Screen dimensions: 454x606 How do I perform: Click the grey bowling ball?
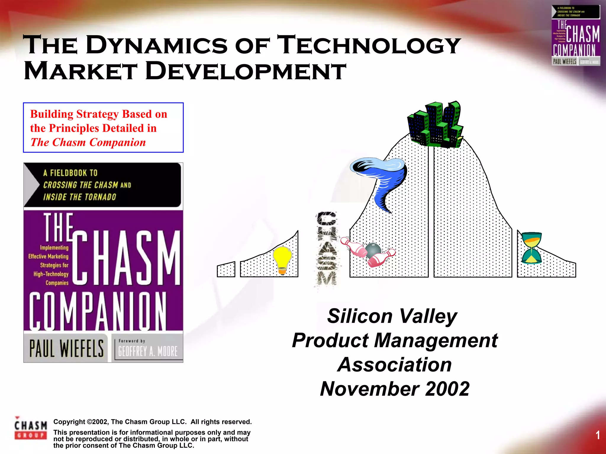click(x=373, y=250)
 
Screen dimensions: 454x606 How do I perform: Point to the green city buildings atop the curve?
click(x=434, y=124)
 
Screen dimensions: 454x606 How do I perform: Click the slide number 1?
click(x=597, y=435)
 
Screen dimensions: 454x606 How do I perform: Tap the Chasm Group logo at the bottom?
click(x=30, y=428)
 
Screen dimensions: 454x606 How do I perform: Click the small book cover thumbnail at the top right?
click(x=576, y=36)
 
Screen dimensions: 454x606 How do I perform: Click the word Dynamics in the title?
click(x=157, y=45)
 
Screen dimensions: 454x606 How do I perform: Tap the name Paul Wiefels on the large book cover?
click(x=67, y=348)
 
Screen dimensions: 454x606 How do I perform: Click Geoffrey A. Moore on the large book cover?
click(x=148, y=351)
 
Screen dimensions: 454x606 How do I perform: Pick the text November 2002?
click(x=394, y=389)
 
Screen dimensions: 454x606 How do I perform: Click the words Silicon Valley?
click(x=392, y=316)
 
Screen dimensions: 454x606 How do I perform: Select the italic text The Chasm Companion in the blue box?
click(x=88, y=142)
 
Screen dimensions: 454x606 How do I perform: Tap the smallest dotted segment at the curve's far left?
click(x=226, y=270)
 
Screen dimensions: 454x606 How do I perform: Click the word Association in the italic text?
click(x=394, y=364)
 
